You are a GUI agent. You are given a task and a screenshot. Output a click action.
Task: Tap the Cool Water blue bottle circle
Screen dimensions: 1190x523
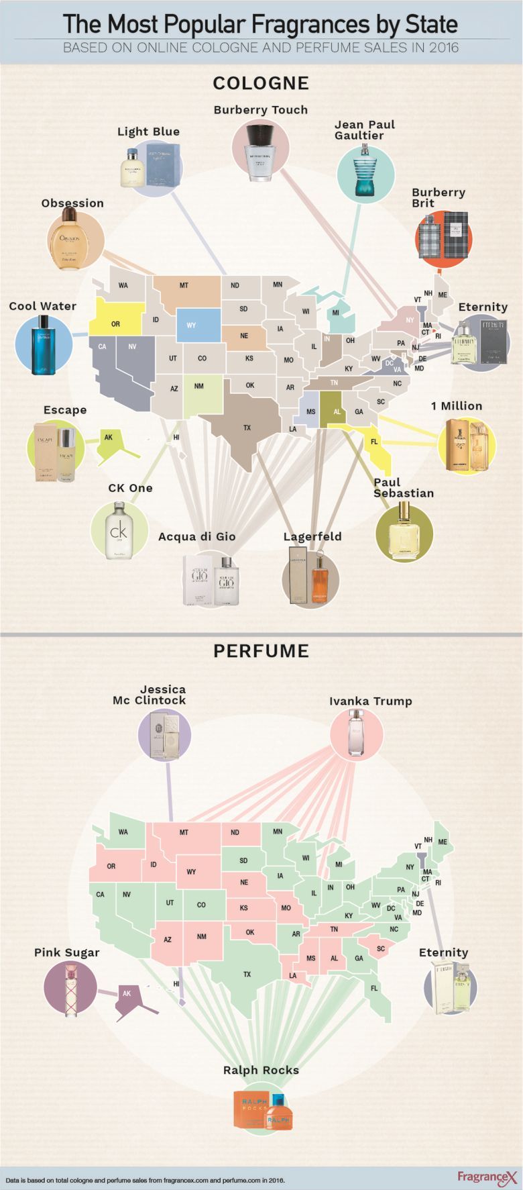coord(43,344)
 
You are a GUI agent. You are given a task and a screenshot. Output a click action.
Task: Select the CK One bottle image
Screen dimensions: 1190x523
coord(119,530)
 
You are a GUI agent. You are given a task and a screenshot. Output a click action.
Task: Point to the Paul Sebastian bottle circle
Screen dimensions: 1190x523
coord(404,533)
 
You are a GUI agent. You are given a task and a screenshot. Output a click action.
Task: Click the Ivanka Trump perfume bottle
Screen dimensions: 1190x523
coord(356,734)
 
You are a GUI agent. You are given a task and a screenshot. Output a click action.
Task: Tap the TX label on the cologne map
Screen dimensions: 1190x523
coord(247,428)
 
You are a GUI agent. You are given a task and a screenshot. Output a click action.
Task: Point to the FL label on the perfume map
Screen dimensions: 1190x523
coord(374,988)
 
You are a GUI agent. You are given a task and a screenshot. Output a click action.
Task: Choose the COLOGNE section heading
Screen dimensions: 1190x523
coord(261,83)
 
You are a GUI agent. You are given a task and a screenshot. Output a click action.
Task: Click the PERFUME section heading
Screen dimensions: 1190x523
coord(261,651)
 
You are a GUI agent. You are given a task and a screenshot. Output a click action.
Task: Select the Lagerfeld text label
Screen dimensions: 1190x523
coord(312,537)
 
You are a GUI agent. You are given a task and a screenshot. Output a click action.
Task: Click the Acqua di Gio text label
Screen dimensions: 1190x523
coord(196,537)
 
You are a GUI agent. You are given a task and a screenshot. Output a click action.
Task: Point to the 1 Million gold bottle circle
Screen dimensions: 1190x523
coord(466,445)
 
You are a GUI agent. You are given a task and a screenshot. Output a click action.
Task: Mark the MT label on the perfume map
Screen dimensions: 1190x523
coord(184,832)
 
